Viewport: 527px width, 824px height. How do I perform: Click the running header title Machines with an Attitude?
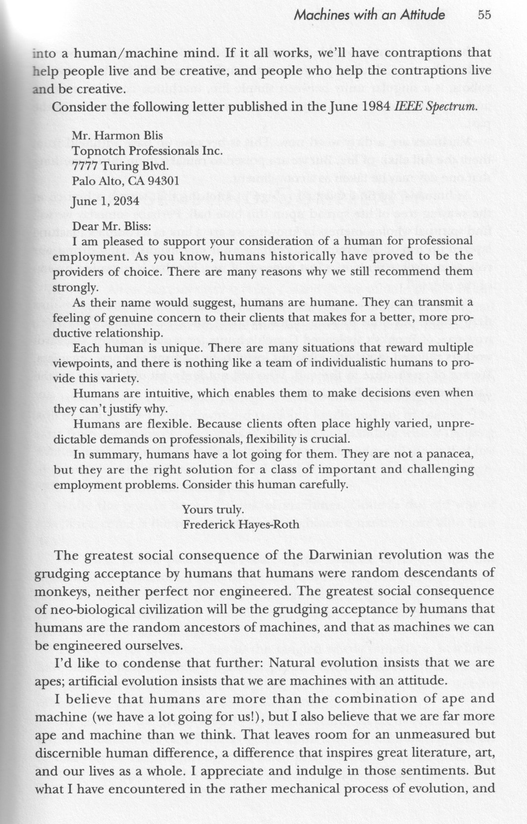tap(369, 15)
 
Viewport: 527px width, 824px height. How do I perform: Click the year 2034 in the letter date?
tap(116, 202)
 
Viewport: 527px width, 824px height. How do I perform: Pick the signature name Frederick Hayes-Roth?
tap(241, 525)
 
